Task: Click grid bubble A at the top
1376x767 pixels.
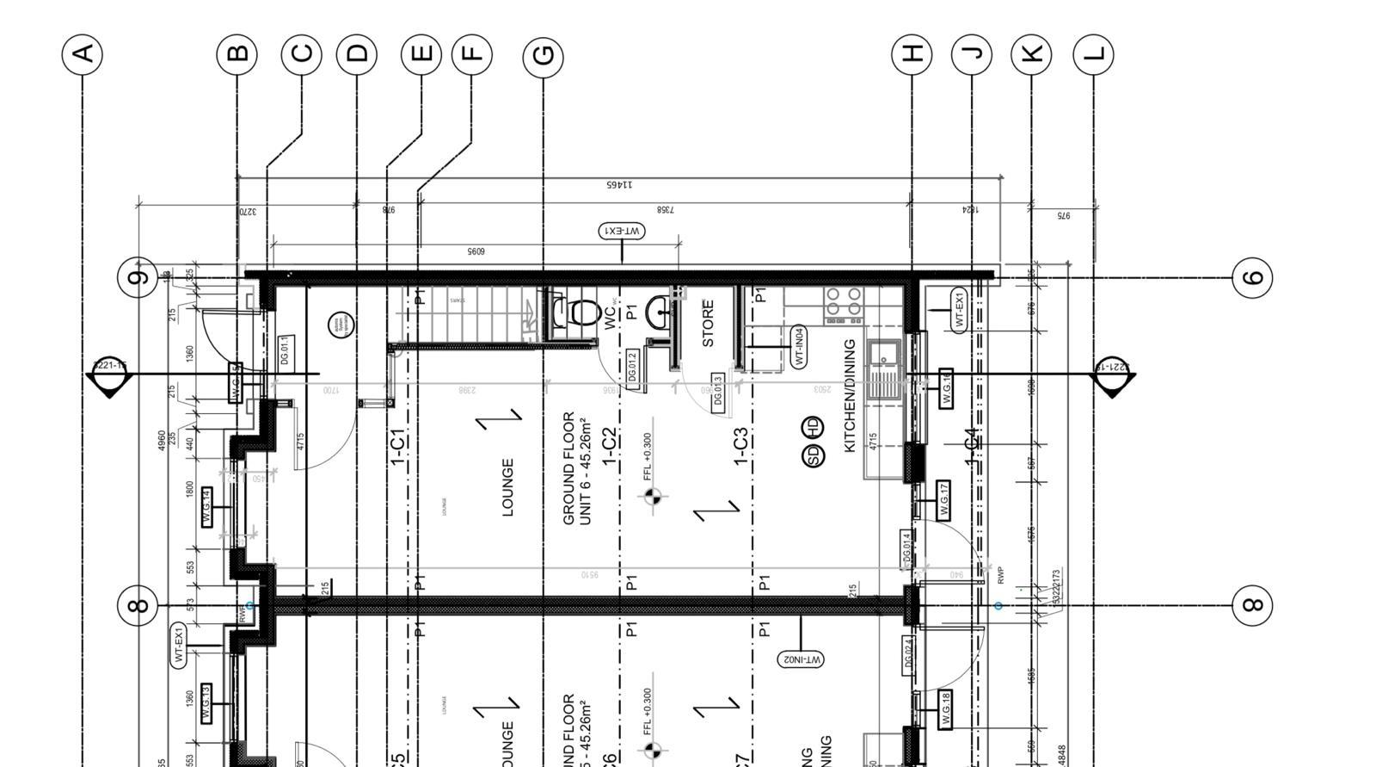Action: pos(83,54)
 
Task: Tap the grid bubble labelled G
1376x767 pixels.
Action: pos(544,56)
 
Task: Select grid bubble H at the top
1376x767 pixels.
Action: pos(912,53)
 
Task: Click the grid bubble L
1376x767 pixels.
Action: pos(1093,54)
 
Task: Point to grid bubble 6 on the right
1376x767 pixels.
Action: pos(1253,277)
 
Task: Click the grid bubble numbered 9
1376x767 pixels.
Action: pos(137,277)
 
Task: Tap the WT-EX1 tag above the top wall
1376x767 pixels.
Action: pos(622,231)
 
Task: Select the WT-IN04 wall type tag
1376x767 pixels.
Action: pos(799,347)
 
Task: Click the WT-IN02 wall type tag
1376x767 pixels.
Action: pos(801,659)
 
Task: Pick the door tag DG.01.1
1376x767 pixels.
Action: pos(285,351)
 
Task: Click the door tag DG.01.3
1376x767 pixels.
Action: pos(718,390)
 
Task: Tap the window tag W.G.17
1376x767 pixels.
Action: pos(944,500)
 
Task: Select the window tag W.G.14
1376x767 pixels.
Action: pos(206,507)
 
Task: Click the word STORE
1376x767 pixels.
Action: pos(708,323)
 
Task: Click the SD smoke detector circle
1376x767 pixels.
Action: pos(813,455)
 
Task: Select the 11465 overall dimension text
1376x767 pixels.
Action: pos(619,184)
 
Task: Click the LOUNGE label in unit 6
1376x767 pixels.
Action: pos(507,487)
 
